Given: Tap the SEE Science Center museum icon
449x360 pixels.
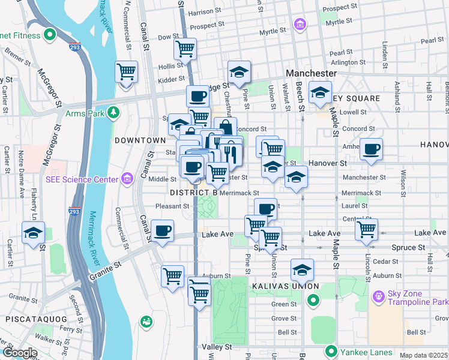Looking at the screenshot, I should click(127, 179).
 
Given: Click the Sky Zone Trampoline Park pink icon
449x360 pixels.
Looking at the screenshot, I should click(378, 296).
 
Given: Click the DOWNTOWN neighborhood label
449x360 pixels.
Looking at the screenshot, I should click(140, 140).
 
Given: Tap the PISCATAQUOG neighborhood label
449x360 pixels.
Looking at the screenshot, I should click(31, 319).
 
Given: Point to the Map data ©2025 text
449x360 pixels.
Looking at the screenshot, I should click(423, 355).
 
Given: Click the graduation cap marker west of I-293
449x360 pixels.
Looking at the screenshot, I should click(32, 233).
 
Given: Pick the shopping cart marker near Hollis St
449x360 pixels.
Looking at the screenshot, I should click(126, 72).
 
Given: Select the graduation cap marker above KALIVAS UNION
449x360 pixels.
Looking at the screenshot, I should click(302, 269).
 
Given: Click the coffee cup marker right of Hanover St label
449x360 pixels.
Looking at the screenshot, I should click(371, 148).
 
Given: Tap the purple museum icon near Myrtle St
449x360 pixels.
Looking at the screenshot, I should click(300, 24).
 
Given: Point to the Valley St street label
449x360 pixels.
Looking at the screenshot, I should click(217, 347).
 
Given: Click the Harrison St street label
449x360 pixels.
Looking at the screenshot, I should click(200, 12).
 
